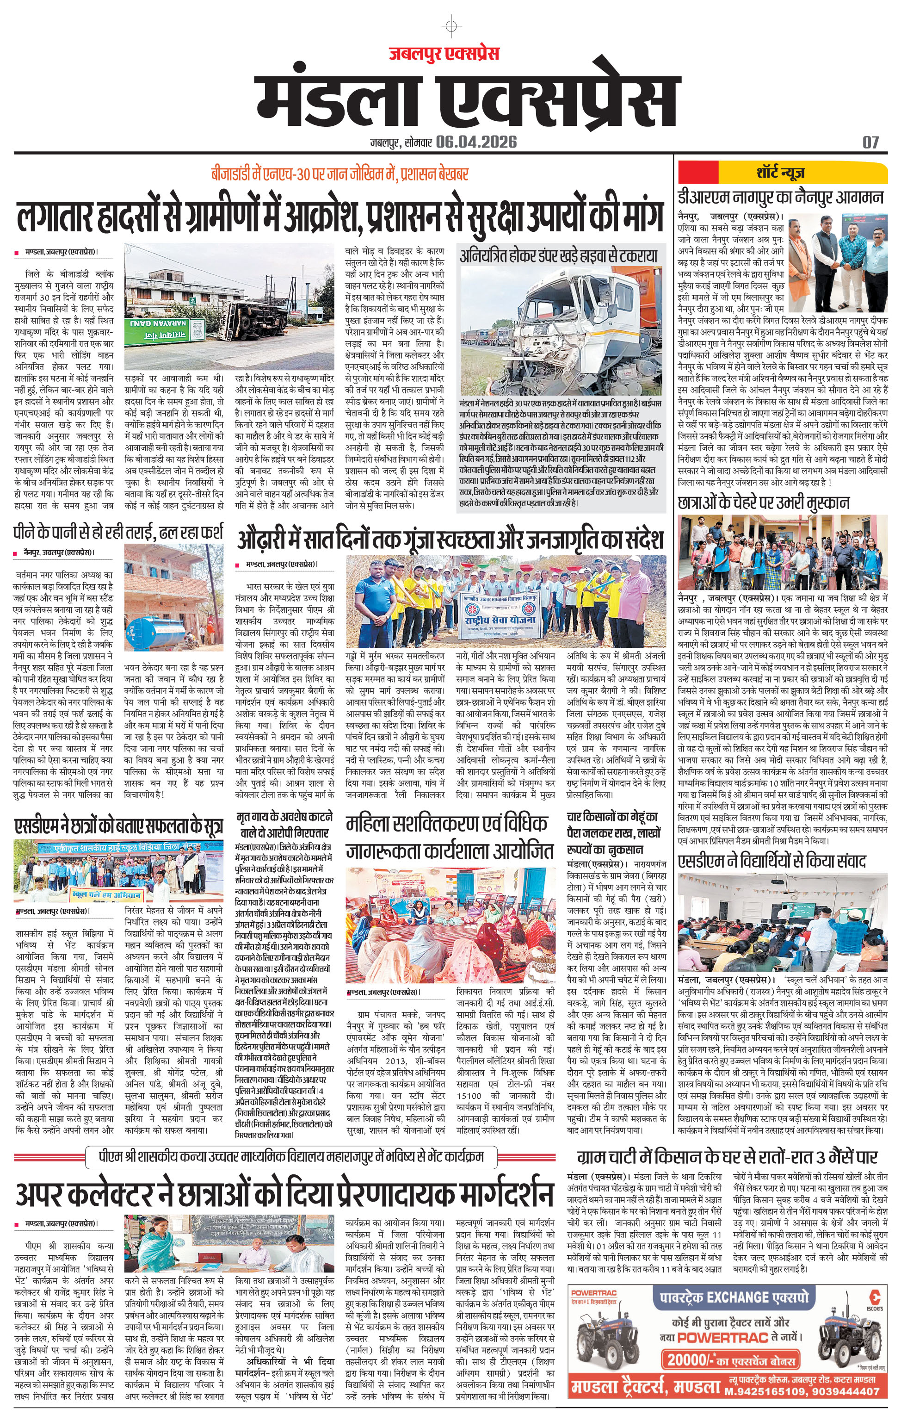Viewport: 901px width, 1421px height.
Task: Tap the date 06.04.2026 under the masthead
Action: (477, 142)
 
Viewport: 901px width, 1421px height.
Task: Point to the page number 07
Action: (870, 142)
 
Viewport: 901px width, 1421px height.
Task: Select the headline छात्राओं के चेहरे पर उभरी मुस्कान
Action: (764, 503)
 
